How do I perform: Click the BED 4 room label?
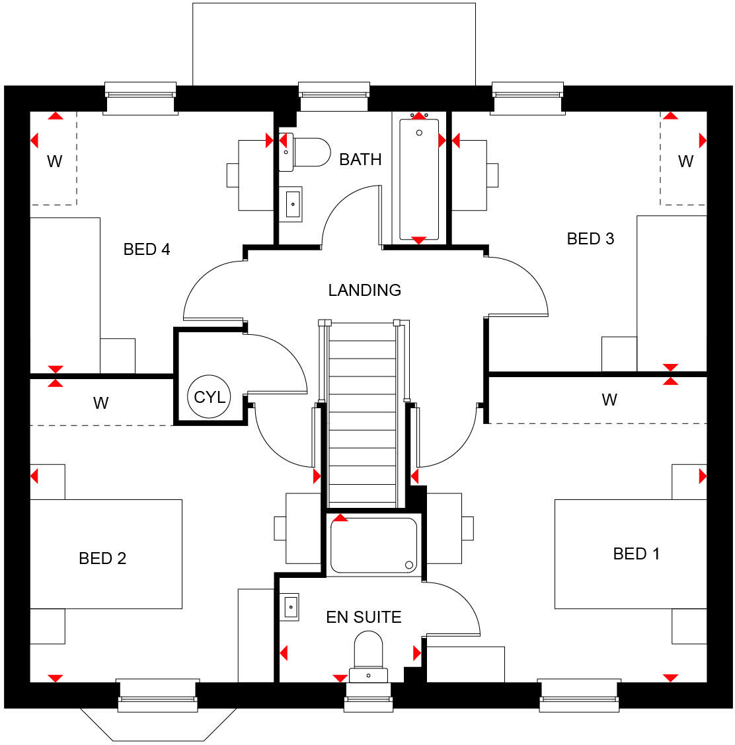click(x=147, y=249)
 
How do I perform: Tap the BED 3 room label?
click(x=590, y=238)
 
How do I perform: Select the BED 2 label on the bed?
click(x=102, y=558)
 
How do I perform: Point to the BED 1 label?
click(x=636, y=553)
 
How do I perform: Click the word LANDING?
click(x=364, y=290)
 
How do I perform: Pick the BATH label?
click(x=360, y=159)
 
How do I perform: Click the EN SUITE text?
click(x=364, y=617)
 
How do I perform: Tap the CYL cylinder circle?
click(x=210, y=397)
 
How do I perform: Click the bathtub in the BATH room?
click(x=419, y=178)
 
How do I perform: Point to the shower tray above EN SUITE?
click(x=373, y=545)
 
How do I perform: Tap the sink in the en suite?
click(x=291, y=606)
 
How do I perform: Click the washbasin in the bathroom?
click(x=293, y=204)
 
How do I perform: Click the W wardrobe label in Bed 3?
click(x=685, y=161)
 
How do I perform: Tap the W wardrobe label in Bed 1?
click(x=609, y=400)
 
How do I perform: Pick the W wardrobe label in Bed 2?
click(x=100, y=403)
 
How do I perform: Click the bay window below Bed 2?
click(x=158, y=724)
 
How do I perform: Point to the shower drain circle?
click(x=409, y=565)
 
